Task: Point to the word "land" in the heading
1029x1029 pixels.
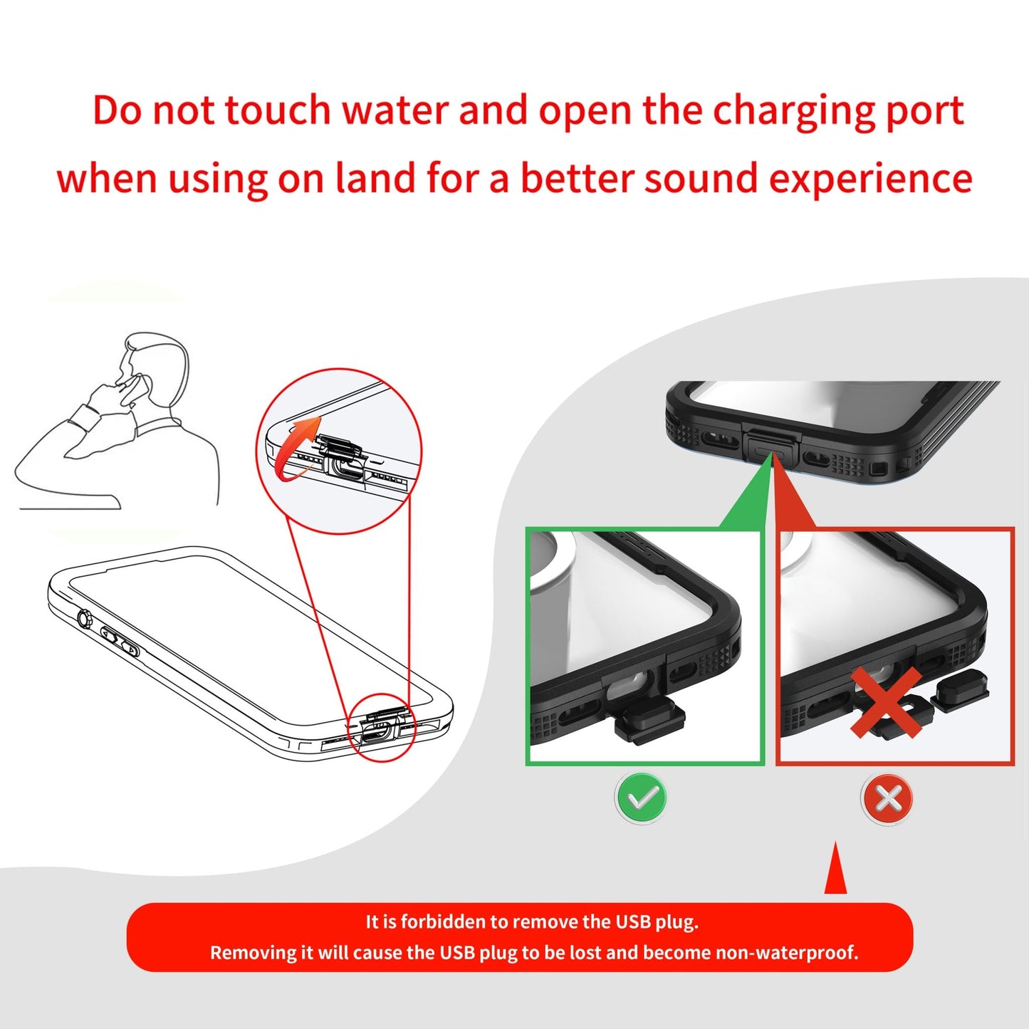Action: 375,178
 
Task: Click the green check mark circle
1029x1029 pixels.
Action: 642,798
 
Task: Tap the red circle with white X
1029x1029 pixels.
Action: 888,798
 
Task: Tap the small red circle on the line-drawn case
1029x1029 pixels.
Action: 381,727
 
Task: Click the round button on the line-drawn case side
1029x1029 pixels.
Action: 84,619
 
